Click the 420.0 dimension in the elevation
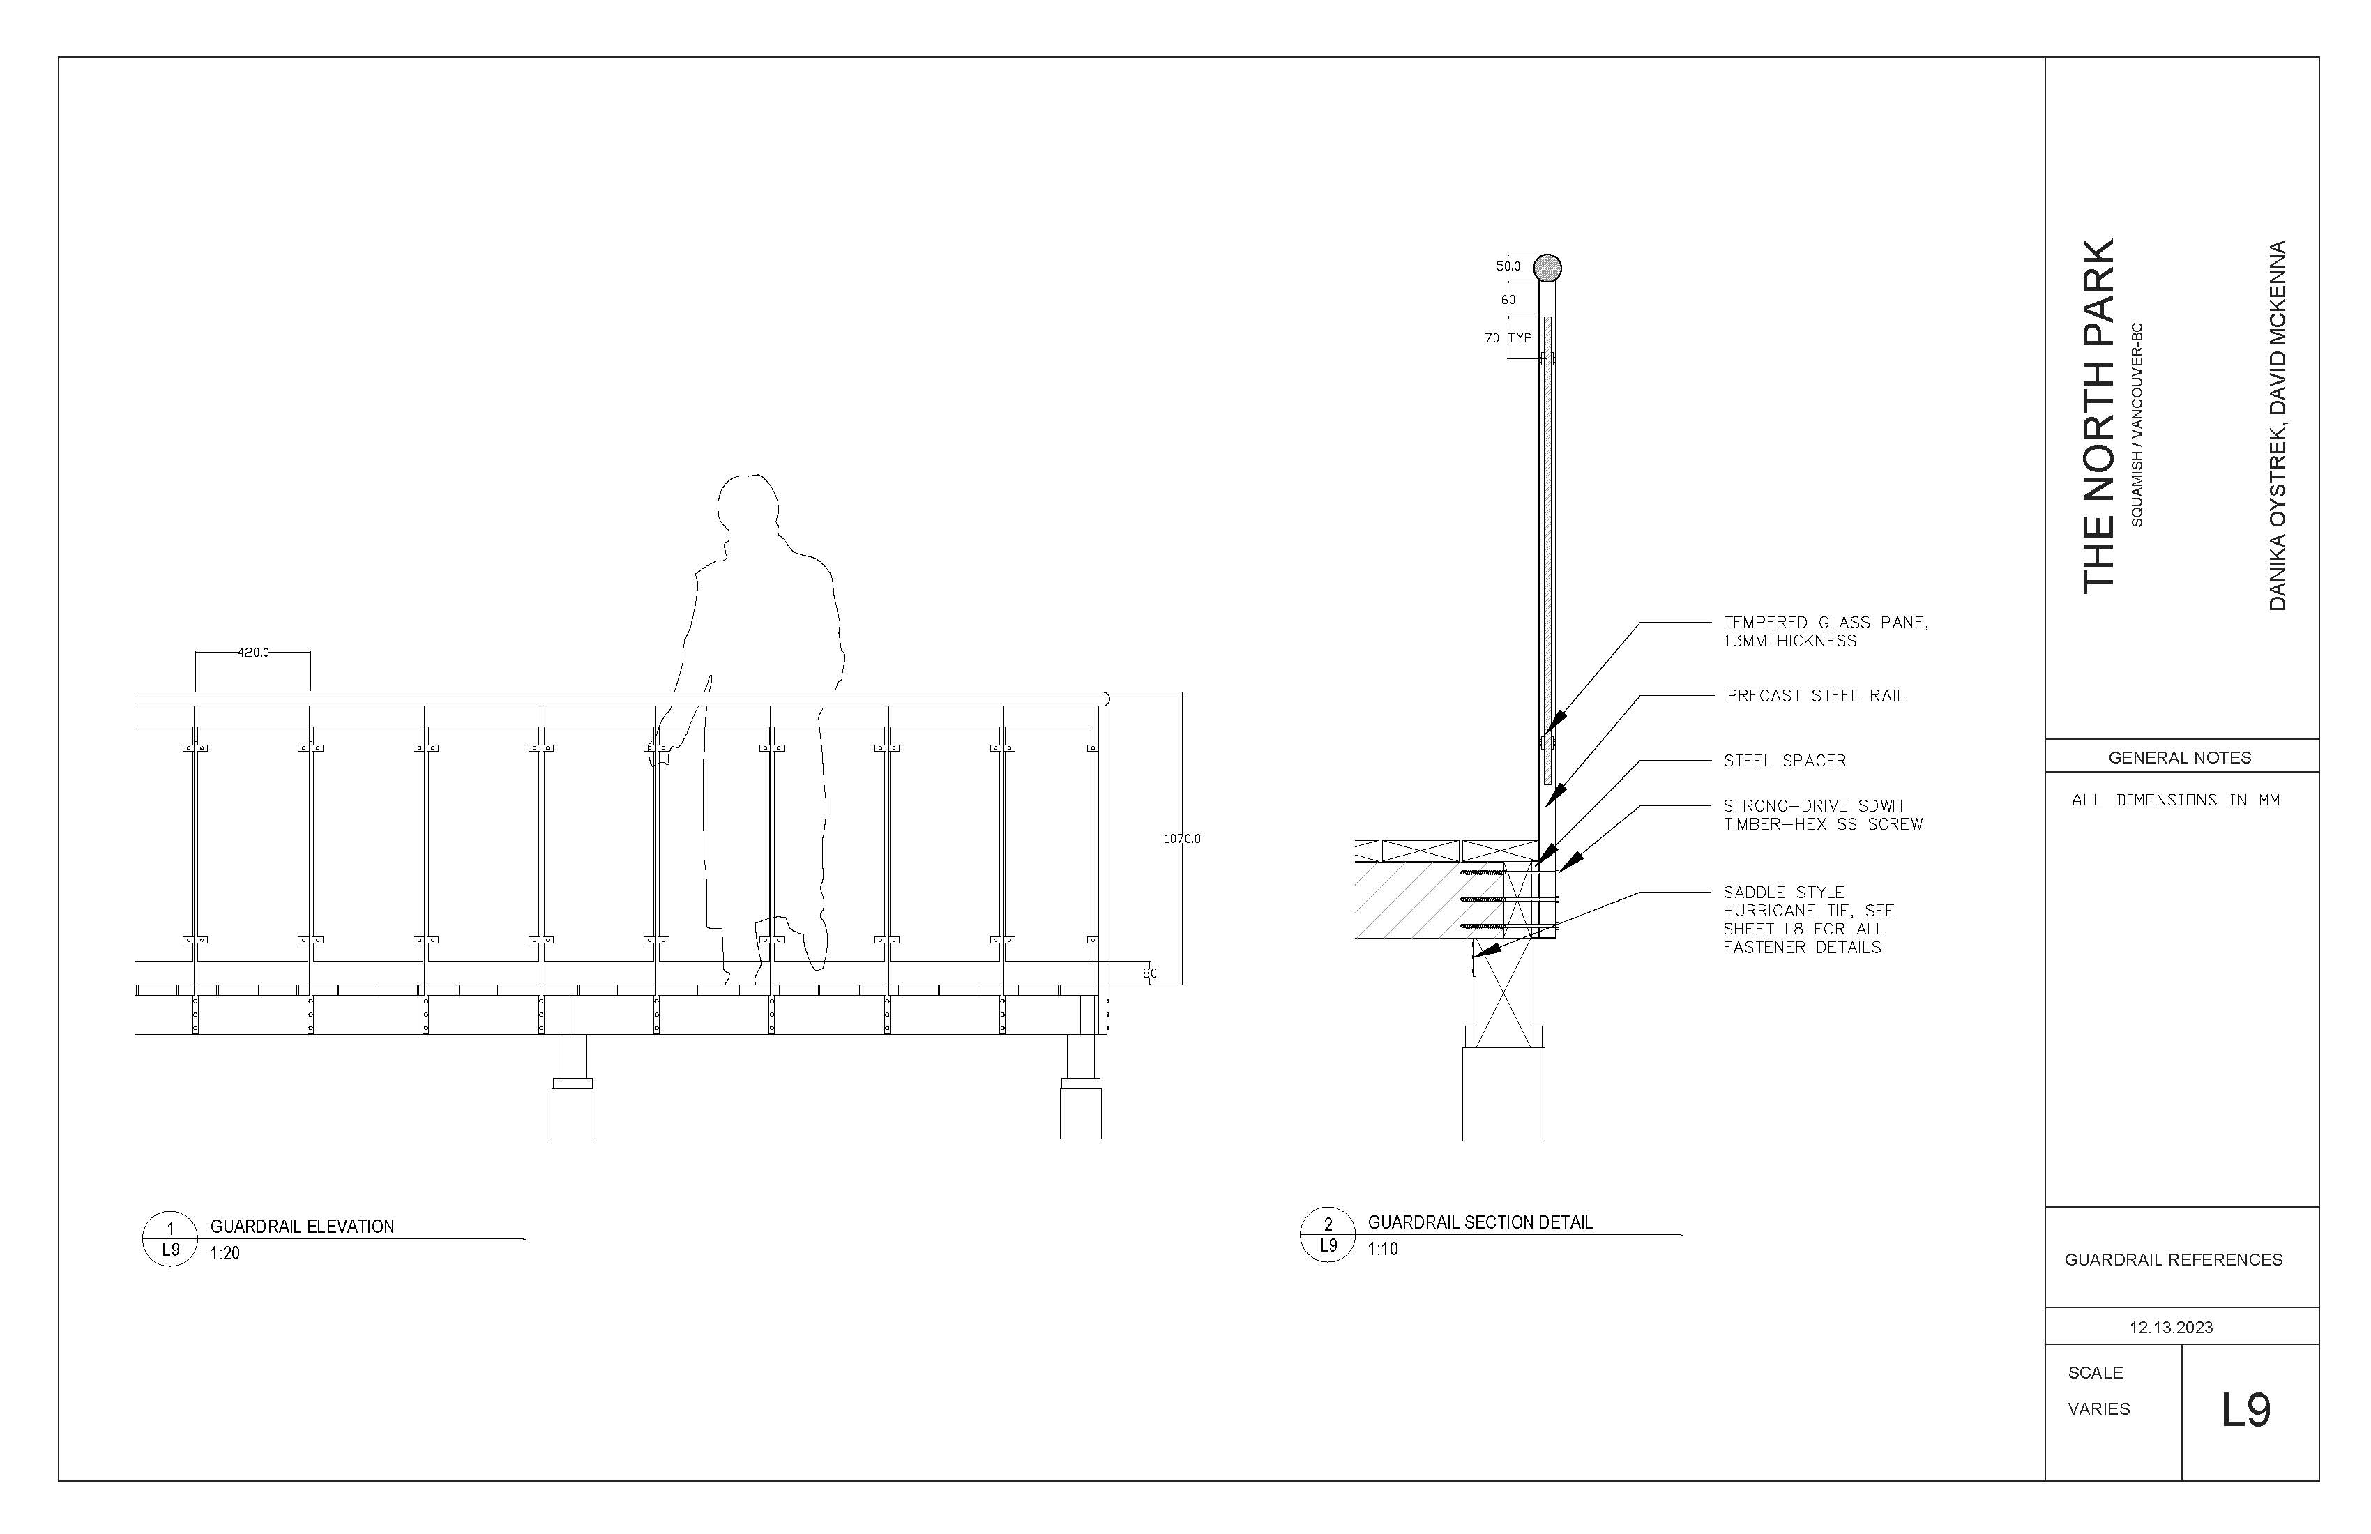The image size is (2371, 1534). click(x=253, y=653)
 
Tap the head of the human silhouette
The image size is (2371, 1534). click(x=748, y=508)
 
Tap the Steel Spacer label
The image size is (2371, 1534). click(x=1785, y=761)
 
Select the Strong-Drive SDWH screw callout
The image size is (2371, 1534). click(x=1822, y=815)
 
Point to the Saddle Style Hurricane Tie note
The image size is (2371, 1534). click(x=1808, y=920)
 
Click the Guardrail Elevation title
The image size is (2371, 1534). click(x=302, y=1227)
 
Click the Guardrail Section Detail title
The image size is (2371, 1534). click(x=1479, y=1222)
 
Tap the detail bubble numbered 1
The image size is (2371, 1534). click(x=170, y=1239)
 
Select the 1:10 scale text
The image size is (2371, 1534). click(x=1383, y=1249)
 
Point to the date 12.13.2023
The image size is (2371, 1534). click(x=2171, y=1327)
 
